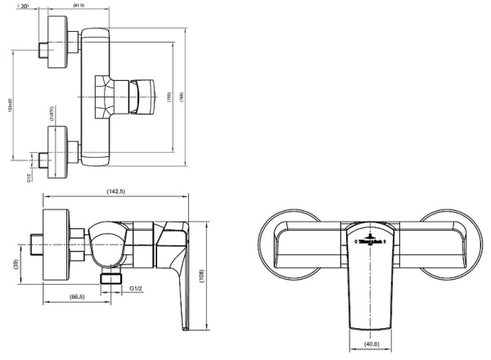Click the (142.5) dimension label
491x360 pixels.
115,191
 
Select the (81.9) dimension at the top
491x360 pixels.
79,7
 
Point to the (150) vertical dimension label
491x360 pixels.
169,96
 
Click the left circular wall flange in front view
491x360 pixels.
282,243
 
